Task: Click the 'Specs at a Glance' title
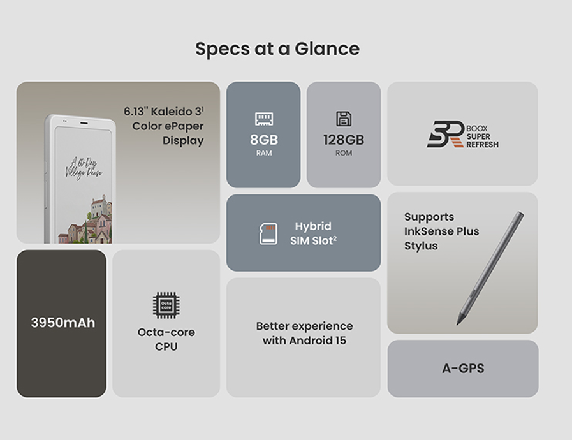(x=277, y=49)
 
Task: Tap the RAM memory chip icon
(x=264, y=119)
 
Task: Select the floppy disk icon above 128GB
(x=344, y=119)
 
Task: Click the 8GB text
(x=264, y=140)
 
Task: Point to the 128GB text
(x=344, y=140)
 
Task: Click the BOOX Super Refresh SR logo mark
(x=446, y=135)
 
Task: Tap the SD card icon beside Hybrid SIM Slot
(x=268, y=233)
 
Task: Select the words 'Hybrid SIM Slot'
(x=313, y=233)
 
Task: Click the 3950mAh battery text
(x=62, y=323)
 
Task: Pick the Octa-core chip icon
(x=166, y=305)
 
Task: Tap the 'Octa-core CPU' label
(x=166, y=339)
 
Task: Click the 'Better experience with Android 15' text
(x=304, y=333)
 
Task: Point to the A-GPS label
(x=463, y=369)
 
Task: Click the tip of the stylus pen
(x=458, y=324)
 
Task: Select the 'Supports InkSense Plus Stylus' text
(x=441, y=231)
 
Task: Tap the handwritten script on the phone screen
(x=84, y=168)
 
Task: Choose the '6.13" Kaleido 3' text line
(x=164, y=112)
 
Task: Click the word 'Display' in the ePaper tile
(x=183, y=140)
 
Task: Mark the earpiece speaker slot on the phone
(x=84, y=123)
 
